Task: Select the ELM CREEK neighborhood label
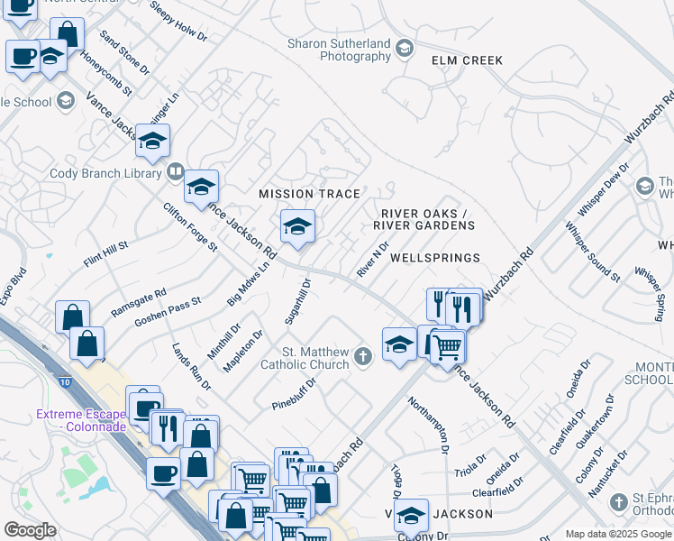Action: click(x=467, y=60)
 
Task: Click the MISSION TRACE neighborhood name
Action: click(x=309, y=194)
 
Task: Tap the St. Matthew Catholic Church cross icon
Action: click(x=362, y=357)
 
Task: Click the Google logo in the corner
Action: click(x=30, y=529)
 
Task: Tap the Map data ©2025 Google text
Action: click(x=618, y=534)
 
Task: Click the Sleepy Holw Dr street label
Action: click(x=178, y=22)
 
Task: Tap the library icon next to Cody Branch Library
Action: click(x=175, y=171)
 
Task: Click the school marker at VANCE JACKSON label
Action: click(x=411, y=516)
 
